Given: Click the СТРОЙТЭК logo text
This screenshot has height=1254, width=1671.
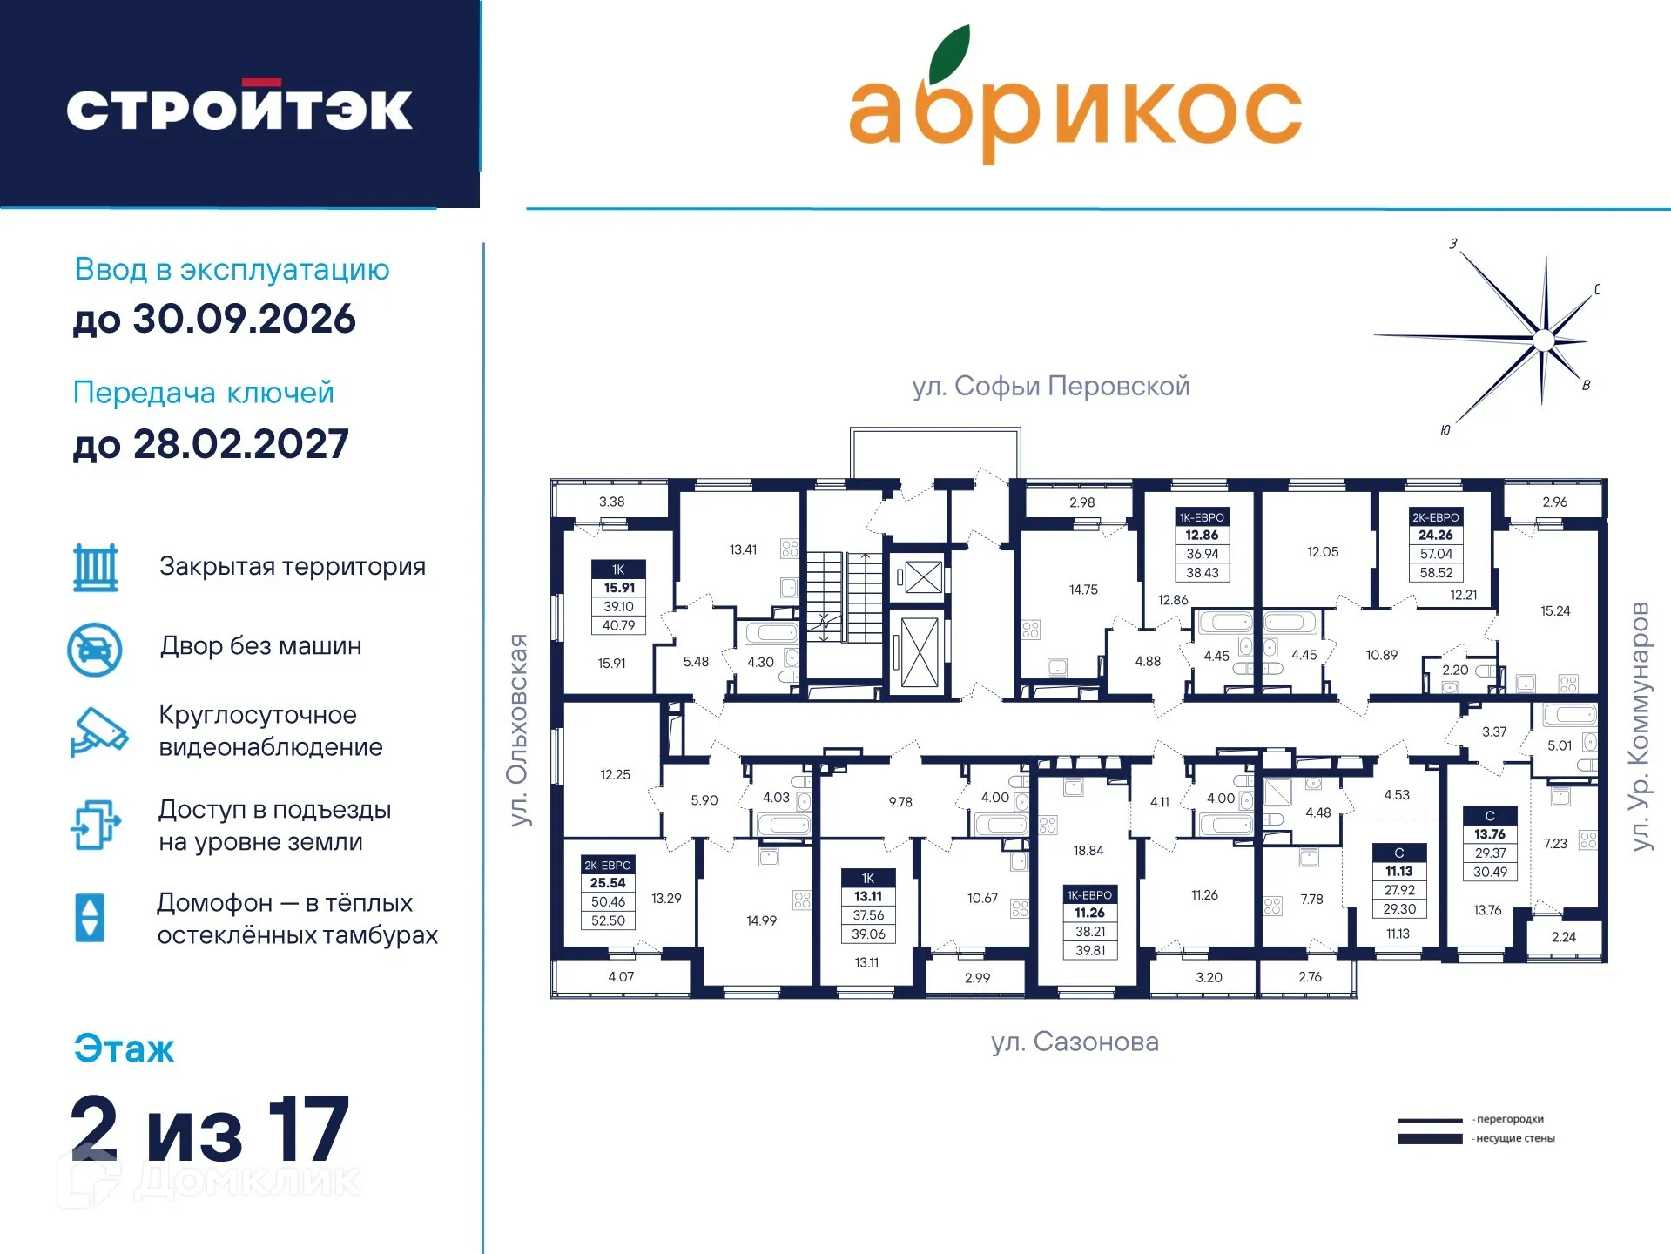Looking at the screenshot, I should pyautogui.click(x=239, y=108).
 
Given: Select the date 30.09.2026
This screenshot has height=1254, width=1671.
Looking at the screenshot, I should pyautogui.click(x=244, y=320).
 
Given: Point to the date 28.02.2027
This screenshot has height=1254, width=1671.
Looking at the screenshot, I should pyautogui.click(x=240, y=445).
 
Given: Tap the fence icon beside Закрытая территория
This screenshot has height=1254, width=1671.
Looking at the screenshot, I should pyautogui.click(x=96, y=568).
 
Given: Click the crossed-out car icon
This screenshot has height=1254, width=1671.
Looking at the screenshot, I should pyautogui.click(x=95, y=649).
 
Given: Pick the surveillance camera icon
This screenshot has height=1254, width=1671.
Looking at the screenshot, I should pyautogui.click(x=98, y=731).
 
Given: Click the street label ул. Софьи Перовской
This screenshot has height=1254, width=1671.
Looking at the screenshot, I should pyautogui.click(x=1050, y=386).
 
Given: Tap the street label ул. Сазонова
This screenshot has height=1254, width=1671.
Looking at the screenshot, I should pyautogui.click(x=1075, y=1042).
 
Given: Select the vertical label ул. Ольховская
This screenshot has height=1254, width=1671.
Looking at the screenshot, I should pyautogui.click(x=519, y=730).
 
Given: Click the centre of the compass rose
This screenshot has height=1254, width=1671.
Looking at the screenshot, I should pyautogui.click(x=1543, y=340).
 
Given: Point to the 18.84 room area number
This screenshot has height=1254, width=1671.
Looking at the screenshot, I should pyautogui.click(x=1088, y=851).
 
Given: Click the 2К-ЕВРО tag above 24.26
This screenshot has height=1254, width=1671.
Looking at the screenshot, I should pyautogui.click(x=1435, y=517).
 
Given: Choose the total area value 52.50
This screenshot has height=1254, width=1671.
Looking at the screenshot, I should pyautogui.click(x=608, y=920).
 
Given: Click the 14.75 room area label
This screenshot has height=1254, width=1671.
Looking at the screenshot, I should pyautogui.click(x=1083, y=590).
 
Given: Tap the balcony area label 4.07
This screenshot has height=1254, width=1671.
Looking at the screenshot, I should pyautogui.click(x=621, y=977).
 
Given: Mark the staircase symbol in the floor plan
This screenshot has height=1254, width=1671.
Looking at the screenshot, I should pyautogui.click(x=843, y=597).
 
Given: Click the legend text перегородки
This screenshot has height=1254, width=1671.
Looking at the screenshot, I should pyautogui.click(x=1510, y=1119).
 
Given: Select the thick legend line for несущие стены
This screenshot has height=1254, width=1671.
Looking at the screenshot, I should pyautogui.click(x=1430, y=1139).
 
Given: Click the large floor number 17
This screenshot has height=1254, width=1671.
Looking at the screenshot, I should pyautogui.click(x=308, y=1129).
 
